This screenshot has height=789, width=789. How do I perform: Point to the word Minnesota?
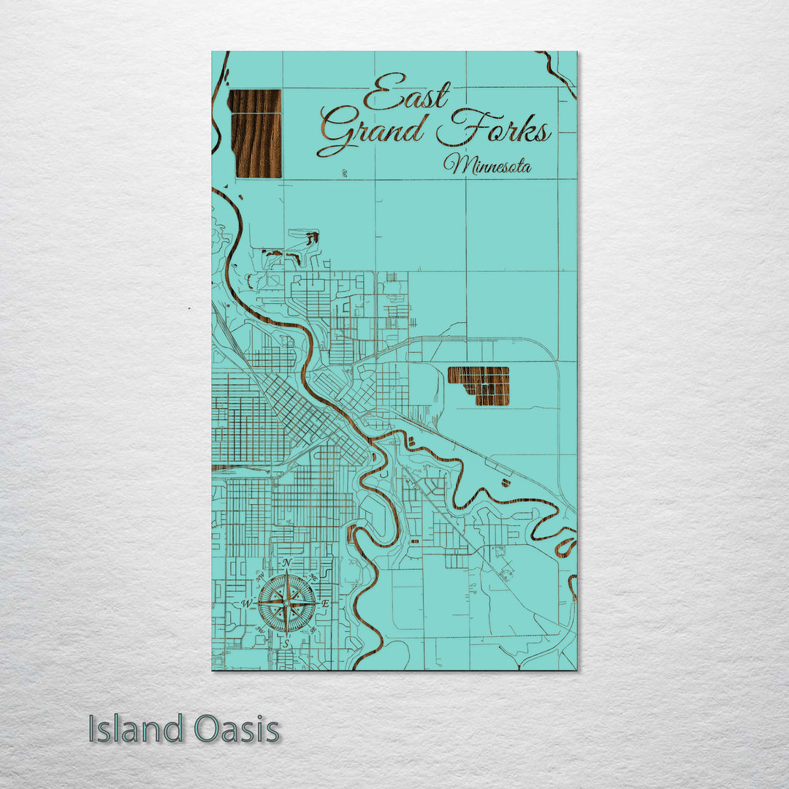click(x=487, y=164)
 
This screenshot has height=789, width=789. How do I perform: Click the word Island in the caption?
click(x=136, y=729)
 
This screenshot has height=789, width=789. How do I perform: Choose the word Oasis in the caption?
click(x=237, y=729)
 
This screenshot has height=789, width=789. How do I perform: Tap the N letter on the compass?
click(x=287, y=563)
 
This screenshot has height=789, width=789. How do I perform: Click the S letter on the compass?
click(x=286, y=644)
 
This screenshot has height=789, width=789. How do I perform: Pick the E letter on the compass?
click(x=326, y=603)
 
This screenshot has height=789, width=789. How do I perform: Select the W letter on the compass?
click(x=246, y=603)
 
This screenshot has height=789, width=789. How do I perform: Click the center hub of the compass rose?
click(x=286, y=603)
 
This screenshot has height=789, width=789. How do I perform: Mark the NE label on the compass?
click(x=313, y=577)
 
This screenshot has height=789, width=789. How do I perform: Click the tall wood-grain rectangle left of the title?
click(x=254, y=134)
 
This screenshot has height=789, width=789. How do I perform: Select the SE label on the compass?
click(x=313, y=630)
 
